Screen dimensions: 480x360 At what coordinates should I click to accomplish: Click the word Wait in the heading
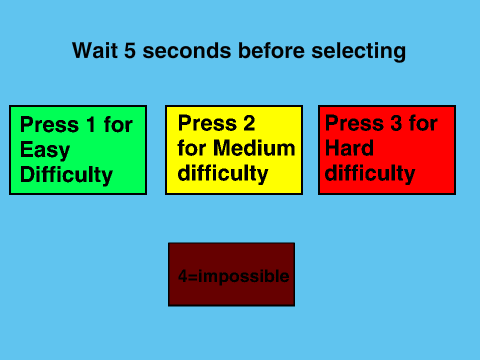[x=95, y=51]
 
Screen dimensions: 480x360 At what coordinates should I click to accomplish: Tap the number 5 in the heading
[x=130, y=51]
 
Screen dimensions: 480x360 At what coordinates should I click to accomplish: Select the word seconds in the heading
[x=187, y=51]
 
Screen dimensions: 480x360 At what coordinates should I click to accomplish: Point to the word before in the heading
[x=271, y=51]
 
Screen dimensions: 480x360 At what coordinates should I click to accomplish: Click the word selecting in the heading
[x=359, y=52]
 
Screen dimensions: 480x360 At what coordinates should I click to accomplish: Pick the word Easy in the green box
[x=45, y=150]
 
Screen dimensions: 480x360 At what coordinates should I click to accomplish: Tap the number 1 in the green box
[x=91, y=124]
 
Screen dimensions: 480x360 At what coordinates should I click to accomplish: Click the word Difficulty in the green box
[x=66, y=175]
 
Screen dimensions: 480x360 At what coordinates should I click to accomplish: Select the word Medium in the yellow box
[x=254, y=148]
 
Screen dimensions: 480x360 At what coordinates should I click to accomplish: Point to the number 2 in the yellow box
[x=249, y=123]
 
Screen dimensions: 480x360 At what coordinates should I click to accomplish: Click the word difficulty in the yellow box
[x=223, y=173]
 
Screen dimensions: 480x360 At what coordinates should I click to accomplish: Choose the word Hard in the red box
[x=349, y=148]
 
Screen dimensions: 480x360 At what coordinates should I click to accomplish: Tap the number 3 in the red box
[x=396, y=123]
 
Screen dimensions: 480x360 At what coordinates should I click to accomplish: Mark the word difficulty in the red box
[x=370, y=173]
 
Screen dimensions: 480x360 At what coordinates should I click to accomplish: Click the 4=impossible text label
[x=233, y=276]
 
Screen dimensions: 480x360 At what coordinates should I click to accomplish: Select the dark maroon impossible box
[x=232, y=274]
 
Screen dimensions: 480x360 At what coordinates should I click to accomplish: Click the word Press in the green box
[x=50, y=124]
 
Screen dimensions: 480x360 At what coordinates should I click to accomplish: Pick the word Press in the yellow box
[x=207, y=123]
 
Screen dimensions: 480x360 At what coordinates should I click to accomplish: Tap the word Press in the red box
[x=354, y=123]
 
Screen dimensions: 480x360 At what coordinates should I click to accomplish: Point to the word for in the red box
[x=423, y=123]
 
